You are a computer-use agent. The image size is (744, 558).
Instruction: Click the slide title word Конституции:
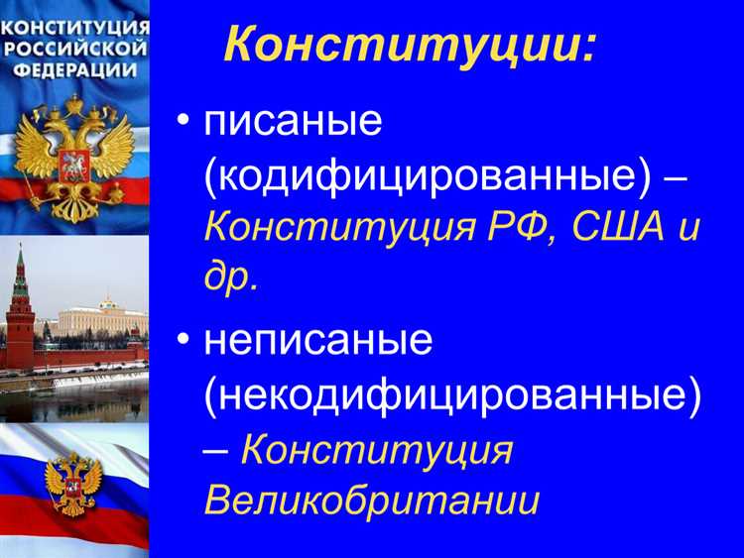point(410,45)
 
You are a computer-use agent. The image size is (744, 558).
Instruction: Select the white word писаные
point(294,123)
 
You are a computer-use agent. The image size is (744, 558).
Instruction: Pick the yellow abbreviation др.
point(231,279)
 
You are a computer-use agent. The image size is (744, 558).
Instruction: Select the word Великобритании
point(372,500)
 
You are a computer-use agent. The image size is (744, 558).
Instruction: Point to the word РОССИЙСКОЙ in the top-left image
point(75,47)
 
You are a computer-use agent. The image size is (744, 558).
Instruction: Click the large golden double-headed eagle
point(74,149)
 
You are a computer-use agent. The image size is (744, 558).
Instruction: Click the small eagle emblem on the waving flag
point(73,482)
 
